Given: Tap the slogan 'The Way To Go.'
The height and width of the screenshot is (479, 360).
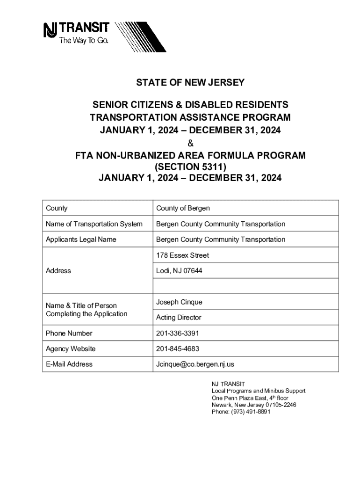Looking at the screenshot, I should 83,41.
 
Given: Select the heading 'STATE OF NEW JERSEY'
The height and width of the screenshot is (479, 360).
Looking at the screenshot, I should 190,83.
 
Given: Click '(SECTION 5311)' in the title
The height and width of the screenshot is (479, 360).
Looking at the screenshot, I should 190,167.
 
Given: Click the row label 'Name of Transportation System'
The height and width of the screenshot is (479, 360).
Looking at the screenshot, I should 94,224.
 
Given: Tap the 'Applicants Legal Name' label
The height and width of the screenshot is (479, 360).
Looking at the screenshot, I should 81,239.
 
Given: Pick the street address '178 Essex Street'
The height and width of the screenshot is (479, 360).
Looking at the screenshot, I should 182,255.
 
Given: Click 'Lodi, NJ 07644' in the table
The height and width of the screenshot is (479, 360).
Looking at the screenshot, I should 179,271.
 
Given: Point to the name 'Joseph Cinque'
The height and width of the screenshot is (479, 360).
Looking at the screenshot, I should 179,302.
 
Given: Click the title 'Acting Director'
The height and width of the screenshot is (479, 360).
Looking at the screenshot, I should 179,318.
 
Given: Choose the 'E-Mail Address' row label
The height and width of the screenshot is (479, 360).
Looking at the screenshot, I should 69,364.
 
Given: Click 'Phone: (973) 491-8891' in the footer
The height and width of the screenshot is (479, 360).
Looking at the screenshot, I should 241,412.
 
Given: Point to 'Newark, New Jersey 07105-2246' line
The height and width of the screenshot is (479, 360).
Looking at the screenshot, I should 254,405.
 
